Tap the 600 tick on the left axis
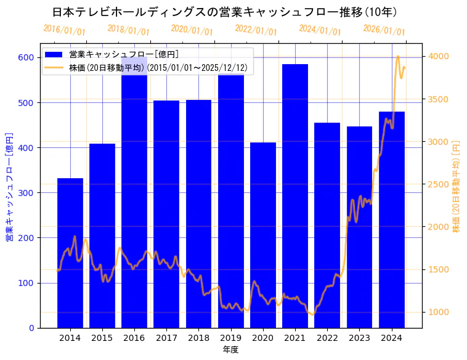coord(26,57)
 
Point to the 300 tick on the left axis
coord(26,193)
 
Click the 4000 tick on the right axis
coord(439,57)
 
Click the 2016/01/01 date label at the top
coord(65,30)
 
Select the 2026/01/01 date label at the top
coord(384,30)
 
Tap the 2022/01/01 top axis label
coord(256,30)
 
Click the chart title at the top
coord(224,12)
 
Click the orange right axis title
coord(457,186)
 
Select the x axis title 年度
coord(230,350)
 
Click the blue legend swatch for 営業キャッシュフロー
coord(54,54)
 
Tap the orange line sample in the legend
coord(54,67)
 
